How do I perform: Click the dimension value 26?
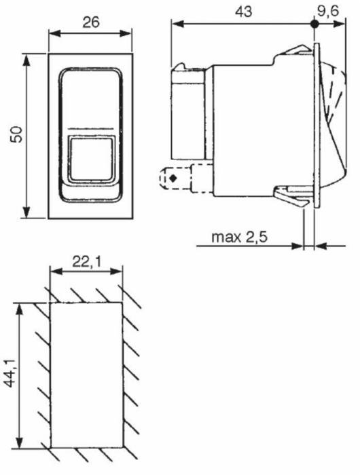click(x=90, y=22)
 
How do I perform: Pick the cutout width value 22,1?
click(x=87, y=261)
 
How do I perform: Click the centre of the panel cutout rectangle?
click(x=86, y=374)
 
